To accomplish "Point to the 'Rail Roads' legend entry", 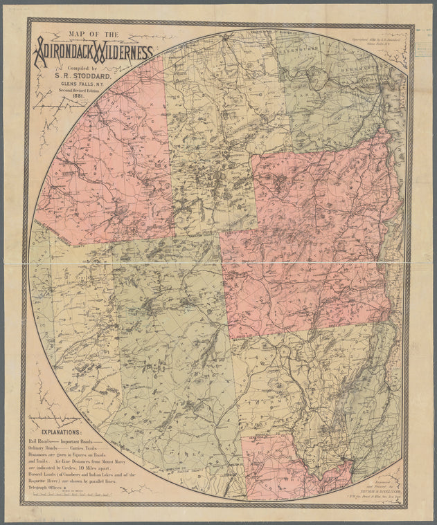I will (x=40, y=440).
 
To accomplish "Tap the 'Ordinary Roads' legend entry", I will (x=43, y=448).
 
